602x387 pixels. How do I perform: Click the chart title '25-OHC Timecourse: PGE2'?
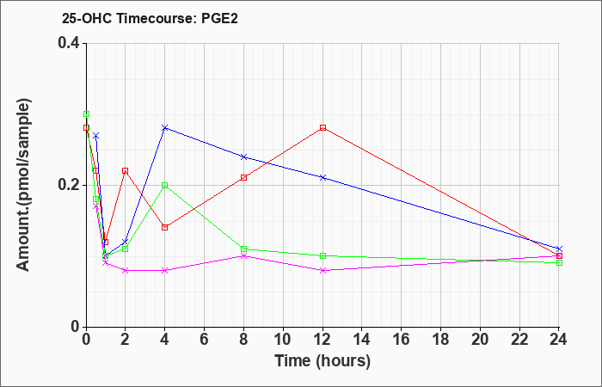click(x=144, y=16)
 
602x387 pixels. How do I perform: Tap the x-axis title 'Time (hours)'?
click(x=322, y=360)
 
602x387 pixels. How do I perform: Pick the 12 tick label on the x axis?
click(x=322, y=339)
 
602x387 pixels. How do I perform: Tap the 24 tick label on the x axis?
click(x=559, y=339)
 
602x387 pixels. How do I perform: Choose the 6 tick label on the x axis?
click(x=204, y=339)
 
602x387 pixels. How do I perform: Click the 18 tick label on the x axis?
click(x=440, y=339)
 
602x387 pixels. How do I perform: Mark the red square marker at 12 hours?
click(x=322, y=128)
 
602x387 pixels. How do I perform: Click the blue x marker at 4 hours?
click(x=164, y=128)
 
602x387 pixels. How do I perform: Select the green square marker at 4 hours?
click(x=164, y=185)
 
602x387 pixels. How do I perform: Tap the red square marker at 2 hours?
click(x=125, y=170)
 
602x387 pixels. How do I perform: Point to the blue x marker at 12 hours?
click(x=322, y=177)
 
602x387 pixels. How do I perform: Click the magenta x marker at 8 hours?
click(x=243, y=255)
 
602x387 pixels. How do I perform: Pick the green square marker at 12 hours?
click(x=322, y=255)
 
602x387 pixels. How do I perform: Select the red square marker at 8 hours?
click(x=243, y=177)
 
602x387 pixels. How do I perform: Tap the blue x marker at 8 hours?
click(x=243, y=157)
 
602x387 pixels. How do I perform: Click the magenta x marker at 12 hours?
click(x=322, y=270)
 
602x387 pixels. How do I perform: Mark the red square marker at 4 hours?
click(x=164, y=227)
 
